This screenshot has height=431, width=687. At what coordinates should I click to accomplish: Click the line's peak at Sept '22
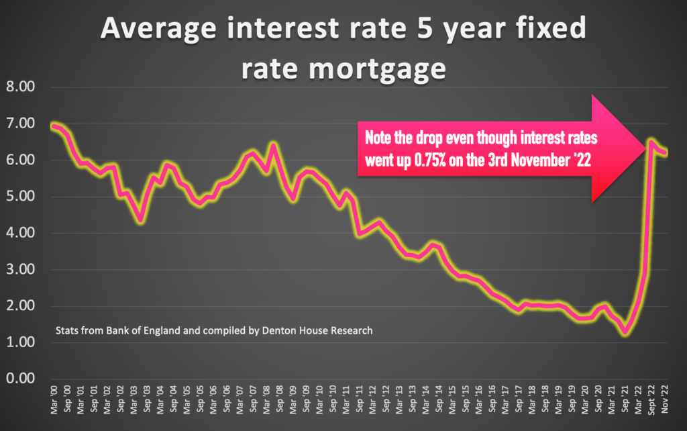(x=651, y=142)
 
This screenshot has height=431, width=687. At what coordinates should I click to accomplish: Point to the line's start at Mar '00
(x=54, y=126)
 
